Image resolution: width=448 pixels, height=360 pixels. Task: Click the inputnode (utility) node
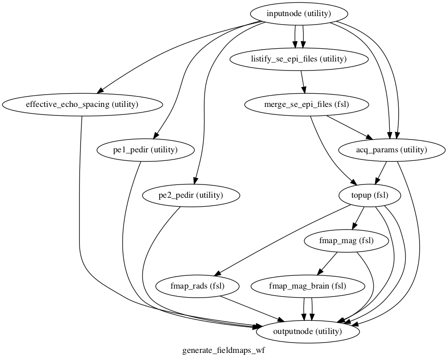click(x=299, y=14)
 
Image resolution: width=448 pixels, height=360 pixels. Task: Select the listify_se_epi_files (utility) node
click(x=299, y=59)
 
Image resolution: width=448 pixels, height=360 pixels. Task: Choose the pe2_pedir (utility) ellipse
click(x=190, y=195)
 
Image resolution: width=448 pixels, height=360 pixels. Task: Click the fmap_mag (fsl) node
click(x=347, y=240)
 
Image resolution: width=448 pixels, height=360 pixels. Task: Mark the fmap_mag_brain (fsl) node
click(x=308, y=286)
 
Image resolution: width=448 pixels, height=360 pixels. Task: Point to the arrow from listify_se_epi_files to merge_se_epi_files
click(x=303, y=82)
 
